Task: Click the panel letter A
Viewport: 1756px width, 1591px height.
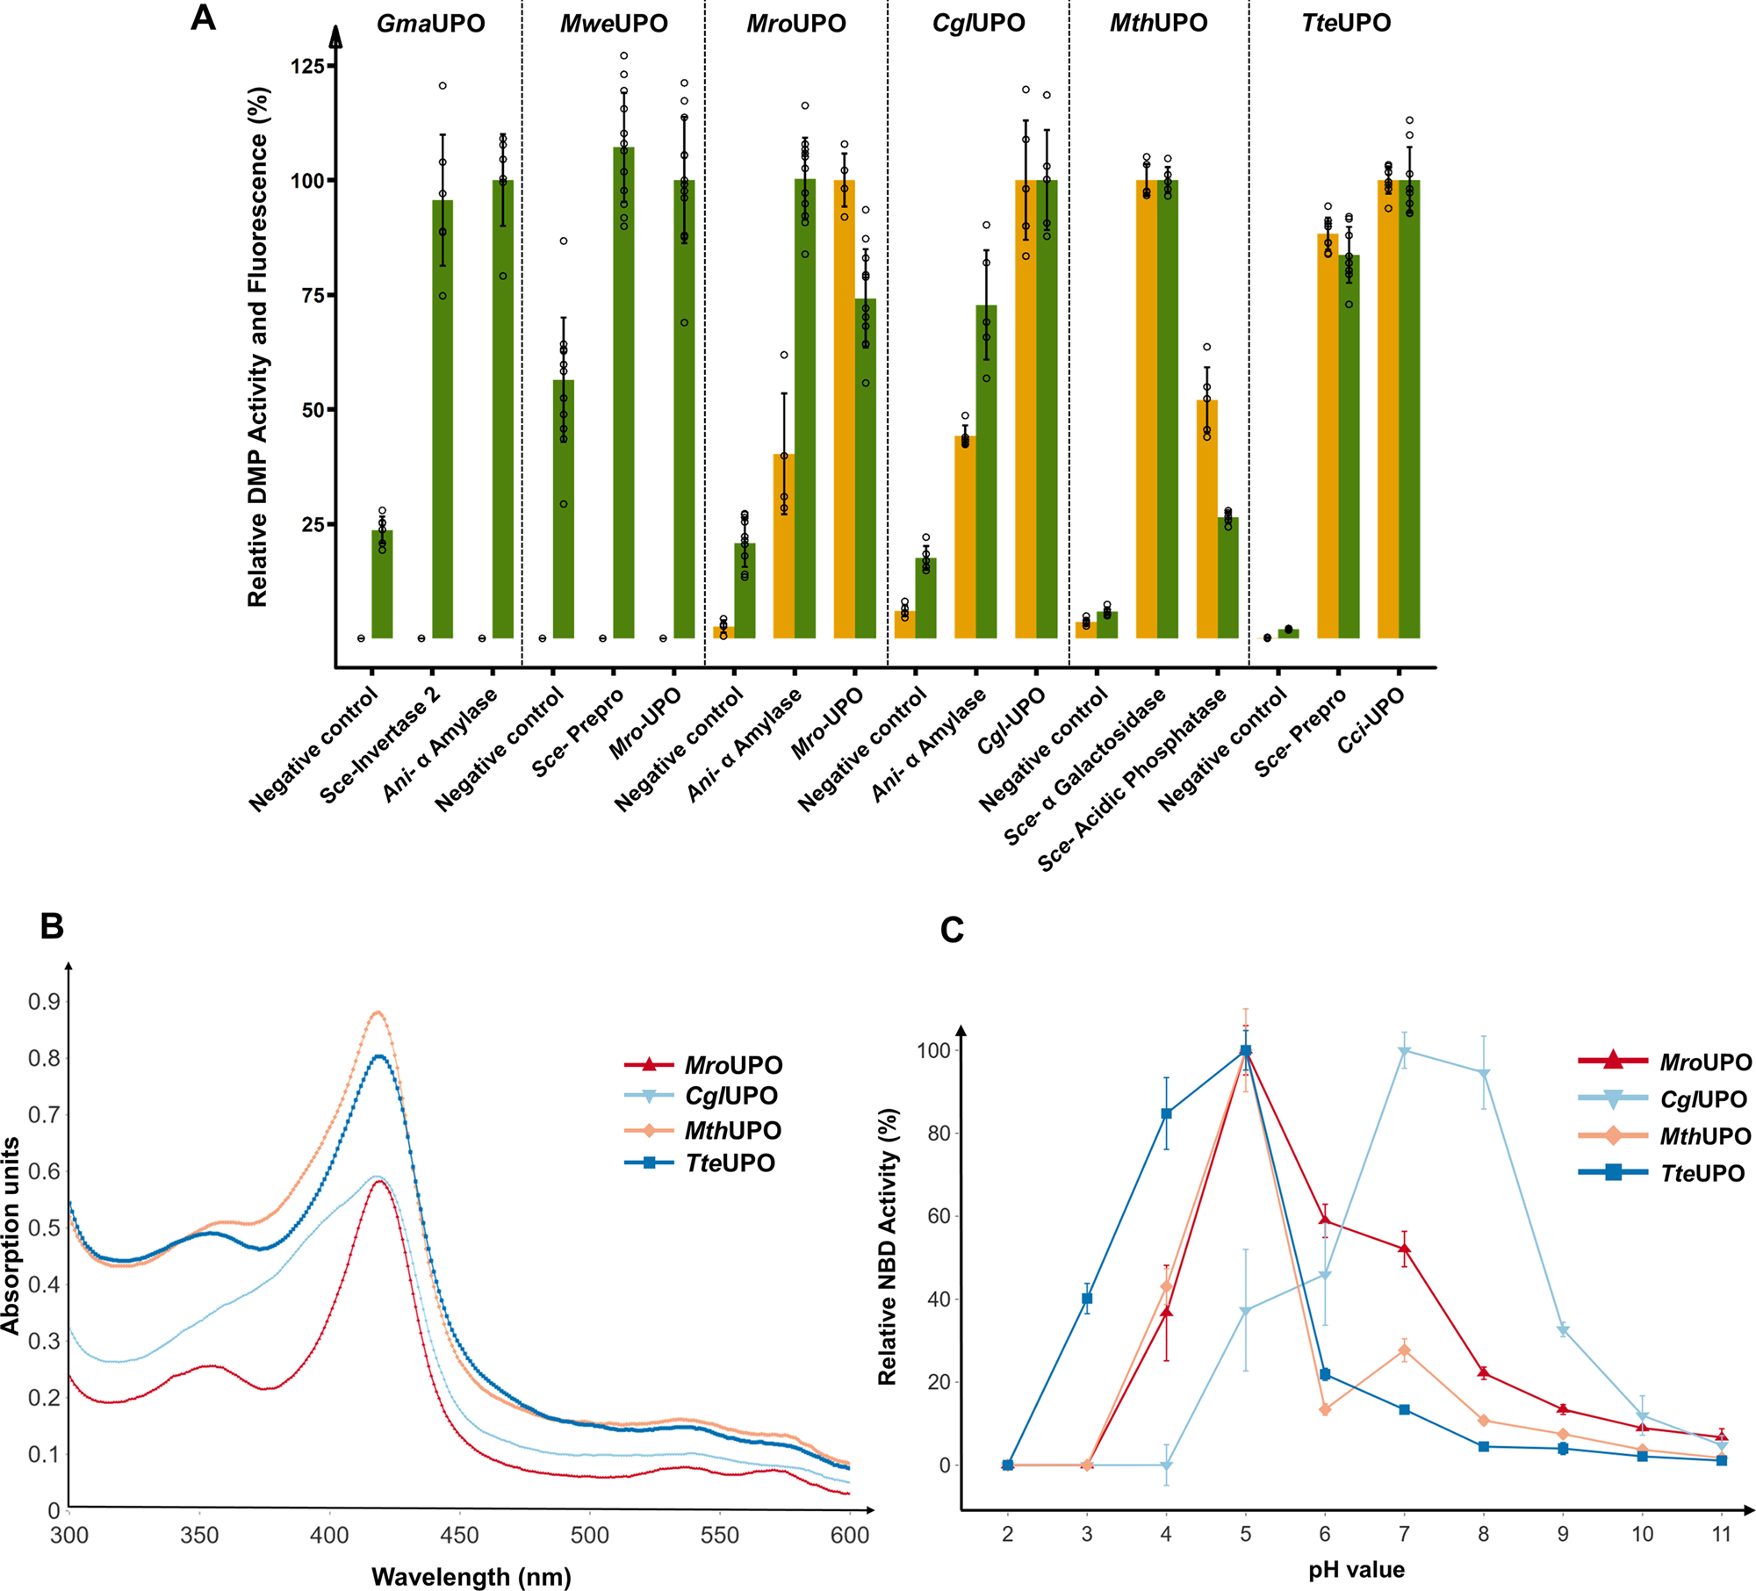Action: click(203, 18)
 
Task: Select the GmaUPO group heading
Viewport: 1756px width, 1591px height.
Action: click(430, 23)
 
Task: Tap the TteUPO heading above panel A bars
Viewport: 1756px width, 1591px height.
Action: click(1345, 23)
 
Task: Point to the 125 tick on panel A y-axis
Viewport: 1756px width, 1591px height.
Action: click(307, 66)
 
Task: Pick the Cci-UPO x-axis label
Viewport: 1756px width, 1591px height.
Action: click(1371, 720)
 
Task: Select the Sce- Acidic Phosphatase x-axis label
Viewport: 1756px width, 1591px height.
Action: click(1133, 780)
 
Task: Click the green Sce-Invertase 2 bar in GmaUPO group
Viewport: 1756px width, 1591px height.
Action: click(443, 421)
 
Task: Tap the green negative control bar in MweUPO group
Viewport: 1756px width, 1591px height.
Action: click(564, 509)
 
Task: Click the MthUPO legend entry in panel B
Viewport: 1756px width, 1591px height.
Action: click(731, 1131)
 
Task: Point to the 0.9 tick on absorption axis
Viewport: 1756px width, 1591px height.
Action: click(44, 1002)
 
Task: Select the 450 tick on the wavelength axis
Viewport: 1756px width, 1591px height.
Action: click(459, 1535)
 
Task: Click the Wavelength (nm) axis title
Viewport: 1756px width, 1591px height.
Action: click(471, 1577)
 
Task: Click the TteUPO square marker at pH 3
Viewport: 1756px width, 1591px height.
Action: click(1087, 1299)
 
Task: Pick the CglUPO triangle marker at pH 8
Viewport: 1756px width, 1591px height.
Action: click(1484, 1074)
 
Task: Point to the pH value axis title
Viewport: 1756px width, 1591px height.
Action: click(1356, 1570)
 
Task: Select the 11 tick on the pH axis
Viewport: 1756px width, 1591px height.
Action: click(1721, 1534)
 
